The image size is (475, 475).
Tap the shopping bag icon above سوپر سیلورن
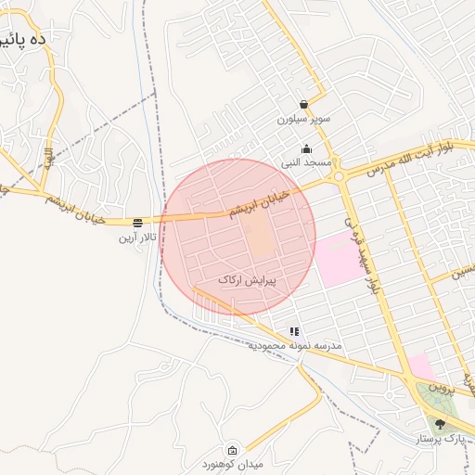(304, 105)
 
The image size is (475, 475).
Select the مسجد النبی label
(307, 163)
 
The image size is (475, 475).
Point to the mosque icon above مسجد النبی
(307, 148)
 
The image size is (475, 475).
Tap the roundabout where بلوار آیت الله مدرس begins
(340, 175)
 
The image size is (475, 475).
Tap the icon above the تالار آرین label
(137, 222)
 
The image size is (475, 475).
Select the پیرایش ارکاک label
(248, 279)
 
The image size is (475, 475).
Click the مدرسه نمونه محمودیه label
(295, 345)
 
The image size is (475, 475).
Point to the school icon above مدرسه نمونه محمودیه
(294, 330)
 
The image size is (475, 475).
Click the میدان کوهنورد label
(232, 463)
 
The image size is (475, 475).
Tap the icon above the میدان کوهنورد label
(232, 448)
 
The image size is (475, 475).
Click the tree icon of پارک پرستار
(440, 423)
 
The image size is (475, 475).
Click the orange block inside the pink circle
(263, 239)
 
